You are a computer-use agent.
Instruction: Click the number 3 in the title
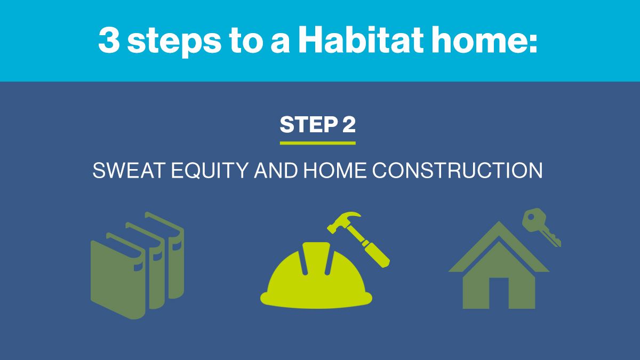(109, 41)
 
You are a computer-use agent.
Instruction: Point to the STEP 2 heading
(317, 125)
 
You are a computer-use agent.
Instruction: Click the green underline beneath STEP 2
(317, 143)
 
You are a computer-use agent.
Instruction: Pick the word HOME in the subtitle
(334, 171)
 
